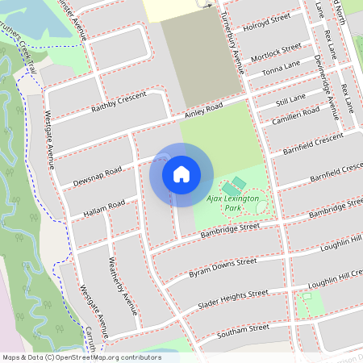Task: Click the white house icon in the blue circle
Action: tap(181, 173)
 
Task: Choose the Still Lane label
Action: tap(290, 98)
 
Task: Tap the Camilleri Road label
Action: tap(295, 113)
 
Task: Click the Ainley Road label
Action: tap(202, 111)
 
